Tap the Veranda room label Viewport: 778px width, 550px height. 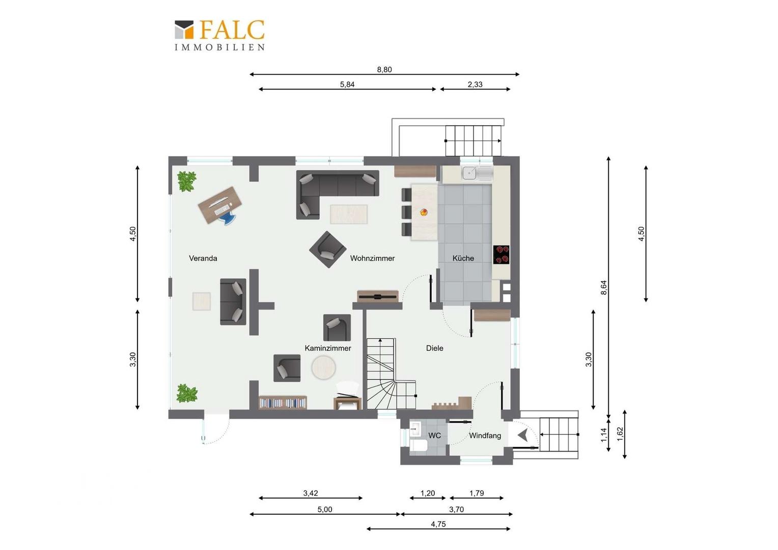[203, 258]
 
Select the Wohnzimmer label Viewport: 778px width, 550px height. [372, 258]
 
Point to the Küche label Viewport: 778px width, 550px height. [463, 258]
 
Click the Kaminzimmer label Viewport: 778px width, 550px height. [327, 348]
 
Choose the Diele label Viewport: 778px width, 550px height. [434, 348]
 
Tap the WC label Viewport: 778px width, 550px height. [434, 435]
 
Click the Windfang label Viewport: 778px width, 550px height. [485, 435]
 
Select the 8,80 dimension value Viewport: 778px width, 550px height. [384, 69]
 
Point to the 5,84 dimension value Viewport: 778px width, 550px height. [347, 85]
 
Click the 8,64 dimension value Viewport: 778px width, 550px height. [604, 288]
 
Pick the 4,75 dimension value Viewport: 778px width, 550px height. [438, 524]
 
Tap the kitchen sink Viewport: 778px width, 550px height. [477, 173]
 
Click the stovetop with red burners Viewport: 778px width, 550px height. [501, 255]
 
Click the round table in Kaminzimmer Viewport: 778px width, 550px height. [323, 368]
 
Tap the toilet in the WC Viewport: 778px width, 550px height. [418, 446]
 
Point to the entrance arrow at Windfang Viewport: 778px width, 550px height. [523, 434]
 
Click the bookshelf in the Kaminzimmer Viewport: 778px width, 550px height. [283, 403]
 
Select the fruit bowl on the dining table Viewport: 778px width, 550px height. [424, 212]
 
